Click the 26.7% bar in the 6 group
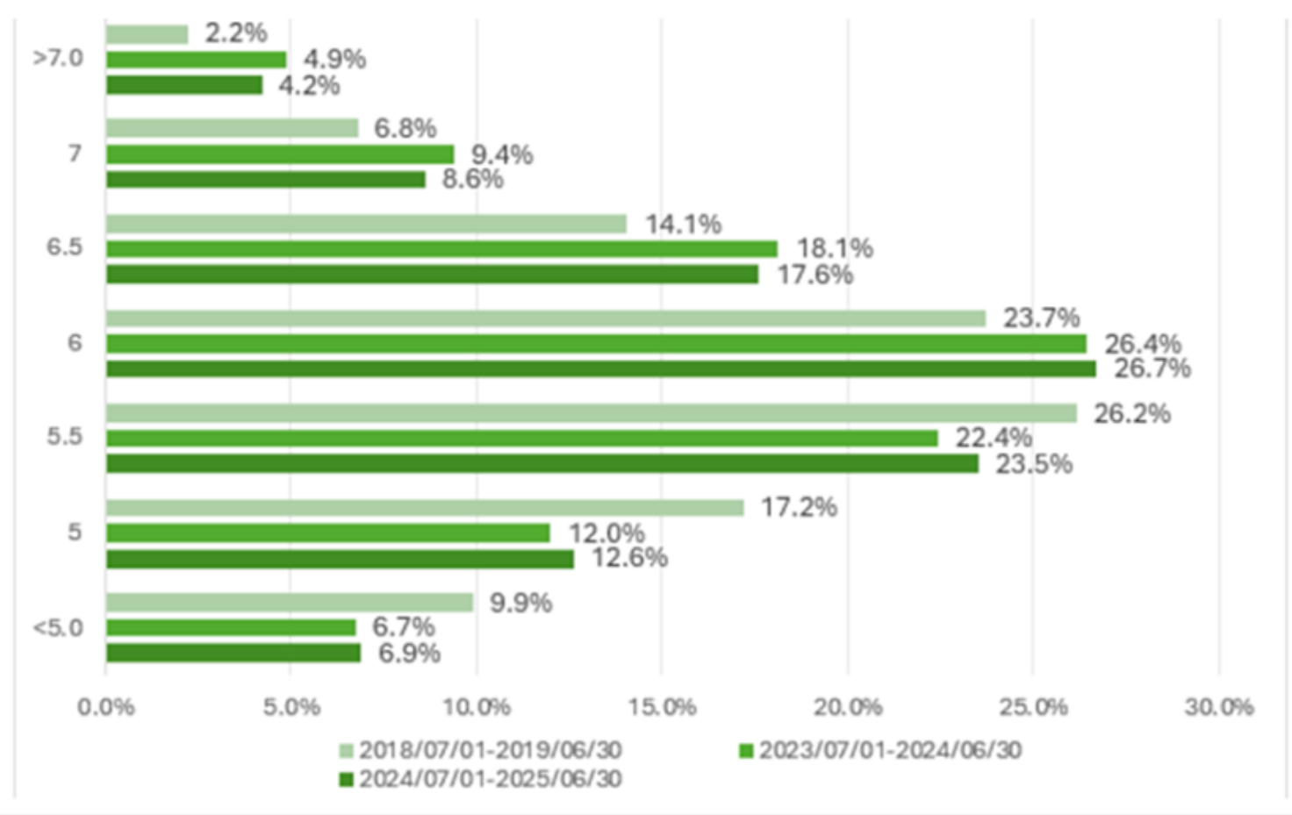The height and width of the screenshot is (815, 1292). point(601,369)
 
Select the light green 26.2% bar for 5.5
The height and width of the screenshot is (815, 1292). point(592,413)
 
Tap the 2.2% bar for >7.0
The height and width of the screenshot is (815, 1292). point(147,35)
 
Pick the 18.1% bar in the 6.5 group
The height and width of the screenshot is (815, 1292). point(441,249)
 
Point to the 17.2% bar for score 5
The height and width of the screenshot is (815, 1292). point(425,508)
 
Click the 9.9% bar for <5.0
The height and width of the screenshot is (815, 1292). point(290,603)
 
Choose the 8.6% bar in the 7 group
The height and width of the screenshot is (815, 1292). point(266,180)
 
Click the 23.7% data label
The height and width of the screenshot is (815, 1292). point(1041,318)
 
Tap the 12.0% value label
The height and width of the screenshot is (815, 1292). point(607,533)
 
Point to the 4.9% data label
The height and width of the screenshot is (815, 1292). point(334,60)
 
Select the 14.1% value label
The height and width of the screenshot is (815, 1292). point(683,225)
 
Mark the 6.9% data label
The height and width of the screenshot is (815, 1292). point(409,654)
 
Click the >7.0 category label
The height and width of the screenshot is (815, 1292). point(58,59)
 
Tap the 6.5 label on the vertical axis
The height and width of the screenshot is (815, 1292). point(64,247)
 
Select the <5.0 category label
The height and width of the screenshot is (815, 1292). point(58,628)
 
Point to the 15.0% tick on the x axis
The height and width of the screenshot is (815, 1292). point(662,707)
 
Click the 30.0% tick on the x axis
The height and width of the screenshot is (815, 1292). point(1218,707)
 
